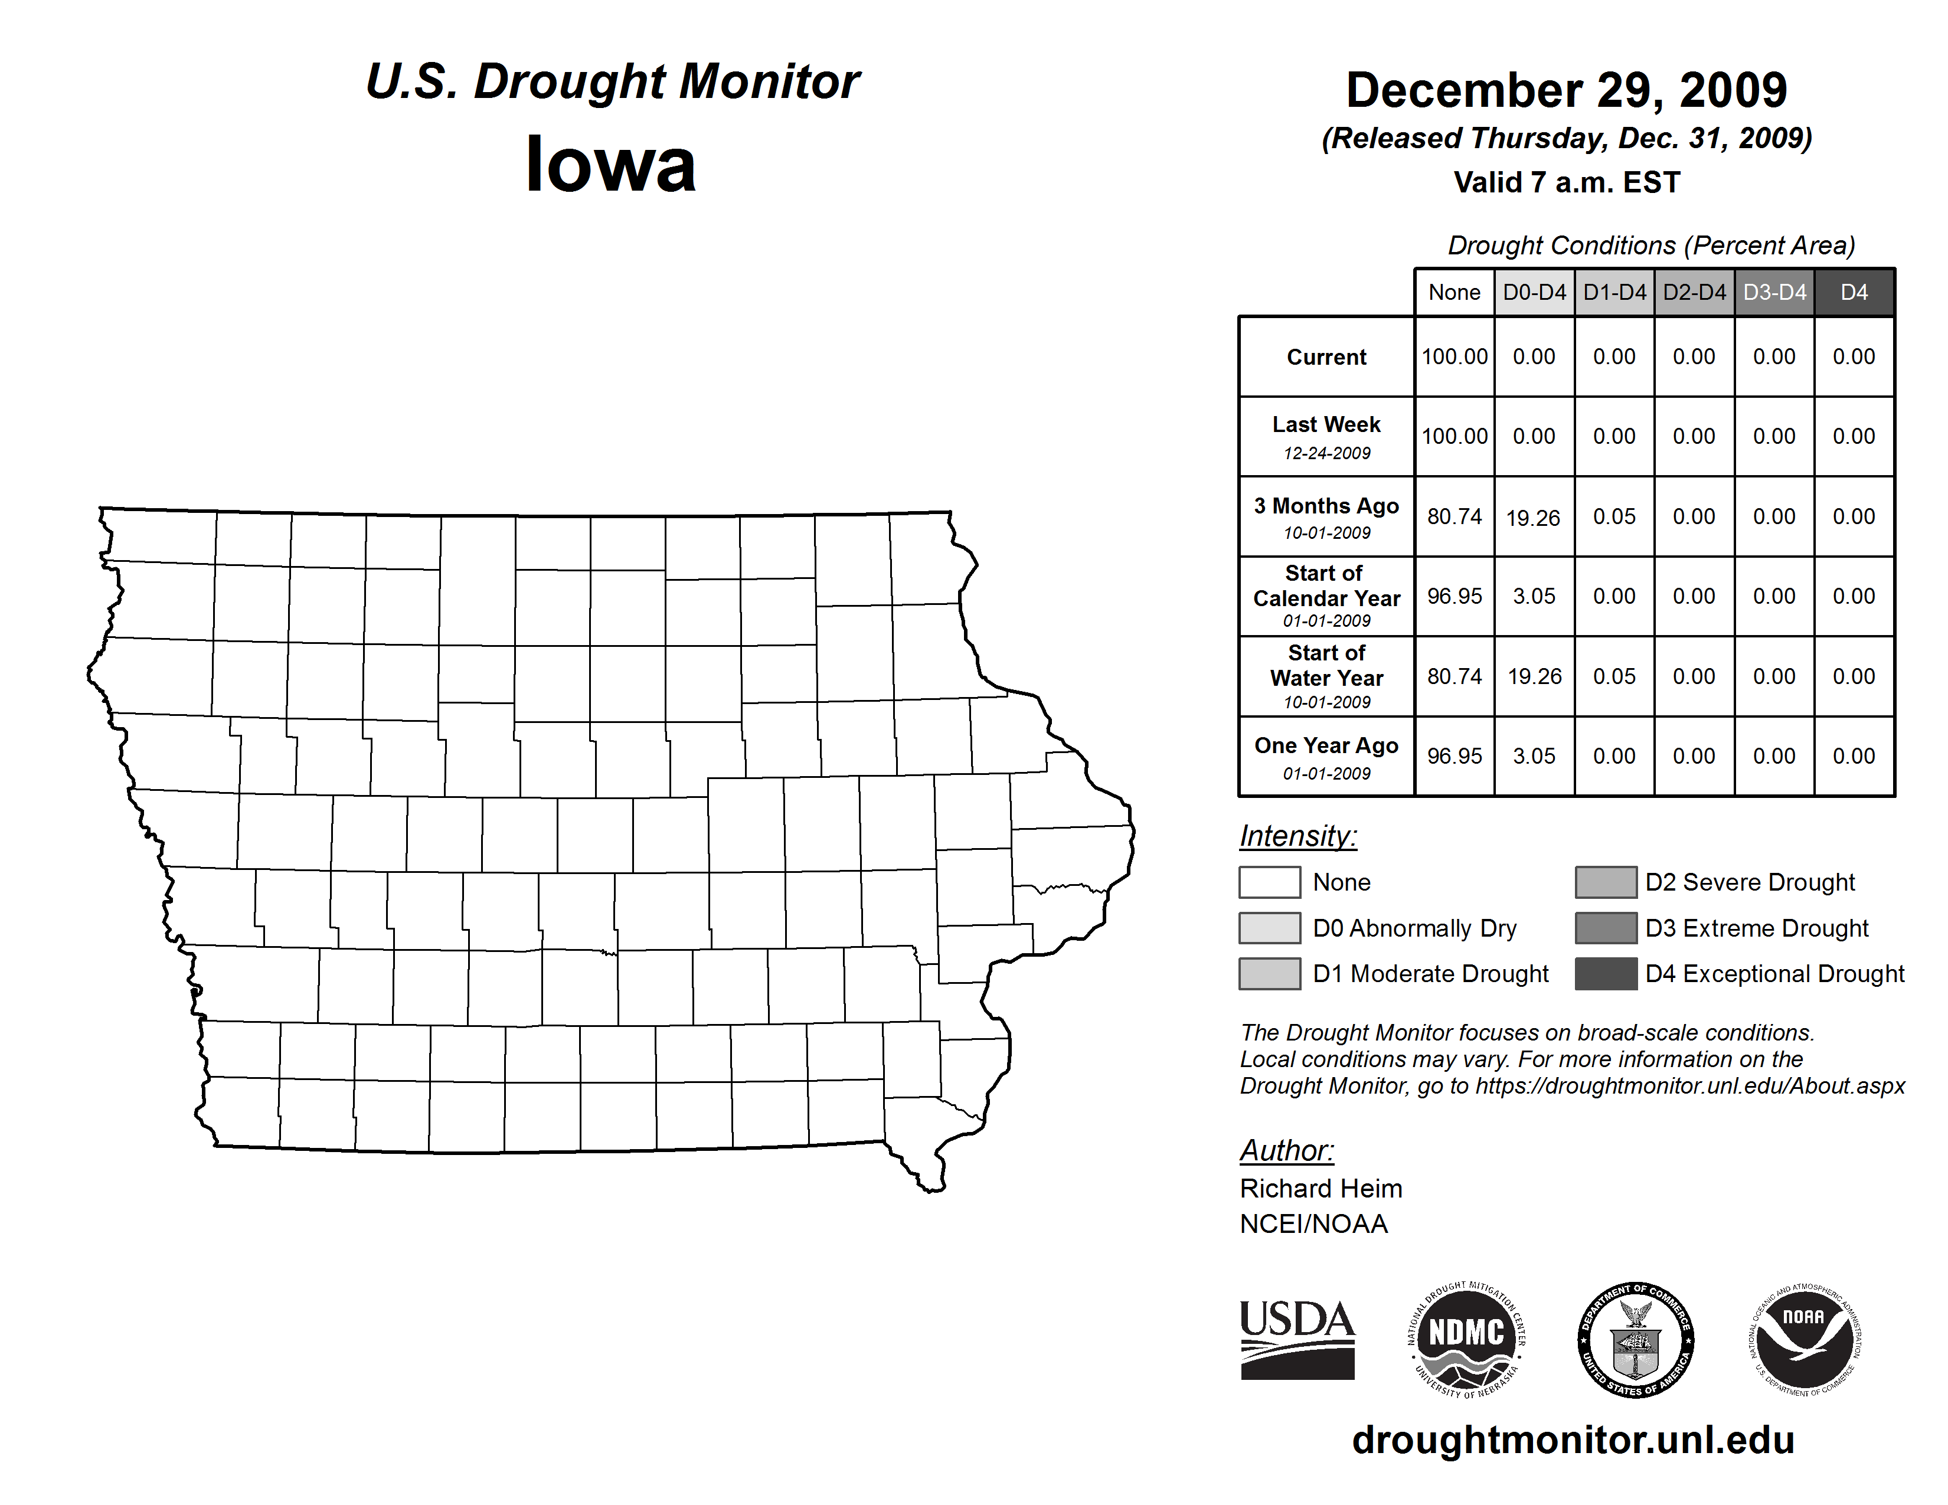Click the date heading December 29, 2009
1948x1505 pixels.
pyautogui.click(x=1566, y=90)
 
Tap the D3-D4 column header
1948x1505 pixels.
pyautogui.click(x=1774, y=292)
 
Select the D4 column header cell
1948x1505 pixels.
pyautogui.click(x=1854, y=292)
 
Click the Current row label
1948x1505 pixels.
pyautogui.click(x=1326, y=356)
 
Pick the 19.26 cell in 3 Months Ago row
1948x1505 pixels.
pyautogui.click(x=1533, y=517)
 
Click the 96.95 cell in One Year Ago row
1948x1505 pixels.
pyautogui.click(x=1454, y=756)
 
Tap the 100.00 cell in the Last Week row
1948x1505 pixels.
pyautogui.click(x=1454, y=436)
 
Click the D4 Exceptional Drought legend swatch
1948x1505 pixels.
pyautogui.click(x=1606, y=974)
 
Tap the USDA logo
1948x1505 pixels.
pyautogui.click(x=1297, y=1339)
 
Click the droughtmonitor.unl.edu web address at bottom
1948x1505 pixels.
pyautogui.click(x=1573, y=1441)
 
